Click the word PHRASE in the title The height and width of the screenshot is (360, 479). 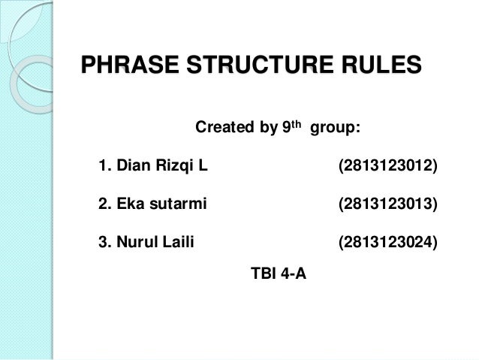click(125, 65)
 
